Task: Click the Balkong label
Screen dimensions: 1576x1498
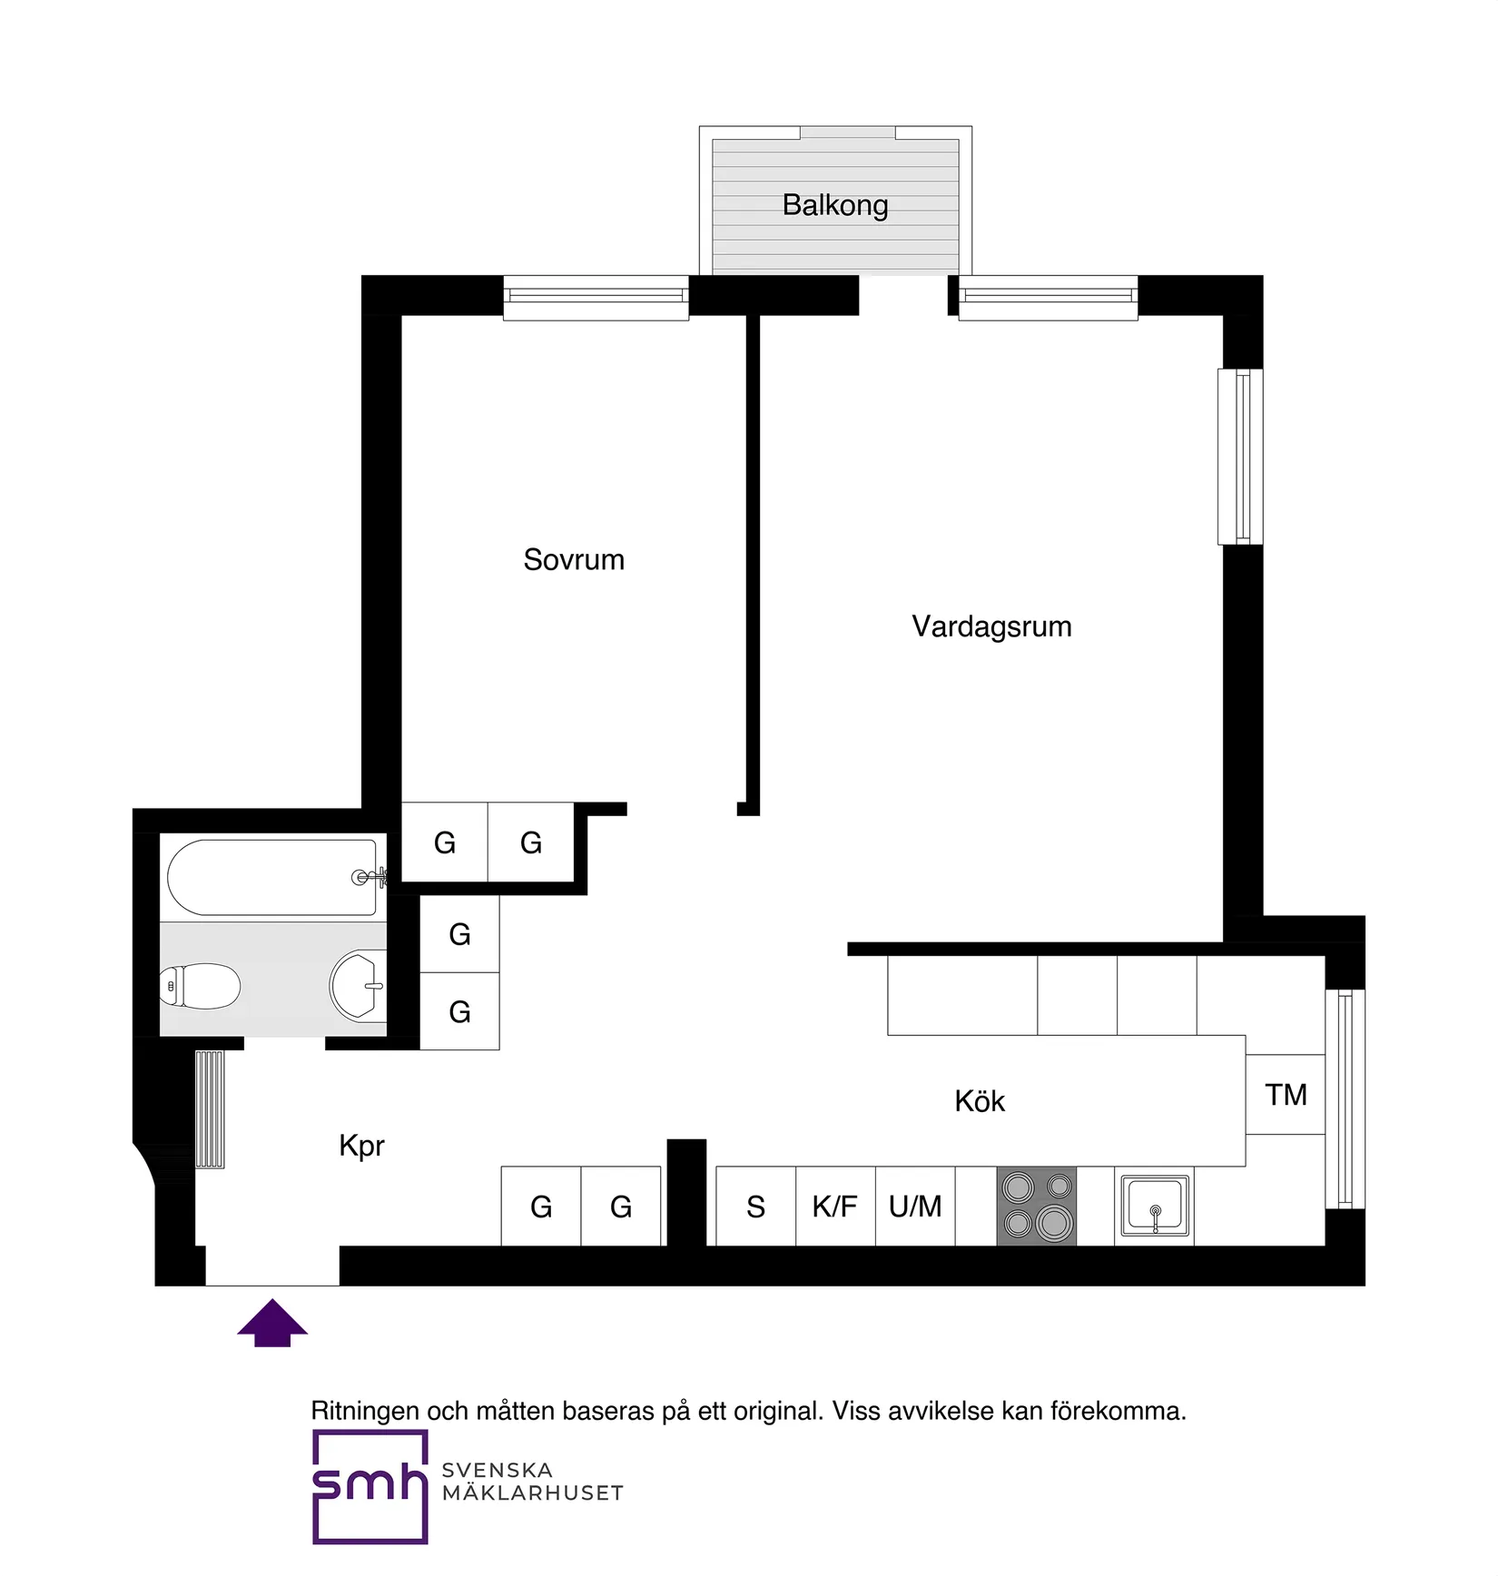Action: pyautogui.click(x=835, y=205)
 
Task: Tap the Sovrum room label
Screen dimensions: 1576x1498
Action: pyautogui.click(x=574, y=559)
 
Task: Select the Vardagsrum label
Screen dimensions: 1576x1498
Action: pyautogui.click(x=991, y=626)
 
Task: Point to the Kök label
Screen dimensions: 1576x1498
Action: pyautogui.click(x=980, y=1101)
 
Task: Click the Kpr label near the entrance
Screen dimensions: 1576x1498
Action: pyautogui.click(x=361, y=1146)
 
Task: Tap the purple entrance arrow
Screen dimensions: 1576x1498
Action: pyautogui.click(x=272, y=1323)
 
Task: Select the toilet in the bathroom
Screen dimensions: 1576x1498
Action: pyautogui.click(x=202, y=986)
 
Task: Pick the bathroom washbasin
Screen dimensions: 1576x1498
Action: pyautogui.click(x=358, y=985)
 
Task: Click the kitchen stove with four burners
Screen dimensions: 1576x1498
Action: pyautogui.click(x=1037, y=1206)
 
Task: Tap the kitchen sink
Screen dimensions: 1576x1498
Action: pyautogui.click(x=1155, y=1206)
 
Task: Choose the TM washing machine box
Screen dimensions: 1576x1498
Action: pyautogui.click(x=1286, y=1095)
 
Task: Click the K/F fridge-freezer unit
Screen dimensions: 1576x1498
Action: pyautogui.click(x=835, y=1207)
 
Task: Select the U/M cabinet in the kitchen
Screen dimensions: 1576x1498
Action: pyautogui.click(x=915, y=1207)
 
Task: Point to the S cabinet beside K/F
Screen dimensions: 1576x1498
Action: pyautogui.click(x=755, y=1207)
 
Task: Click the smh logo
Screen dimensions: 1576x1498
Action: pyautogui.click(x=370, y=1487)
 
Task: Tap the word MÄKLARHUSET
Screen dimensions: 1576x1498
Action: pyautogui.click(x=533, y=1493)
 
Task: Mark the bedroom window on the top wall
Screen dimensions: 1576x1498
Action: pyautogui.click(x=596, y=297)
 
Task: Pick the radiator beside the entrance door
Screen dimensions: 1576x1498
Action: pyautogui.click(x=210, y=1108)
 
